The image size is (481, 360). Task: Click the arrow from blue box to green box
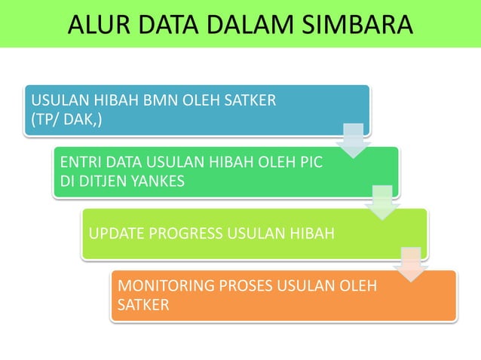tap(352, 139)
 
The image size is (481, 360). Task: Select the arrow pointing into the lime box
tap(382, 201)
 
